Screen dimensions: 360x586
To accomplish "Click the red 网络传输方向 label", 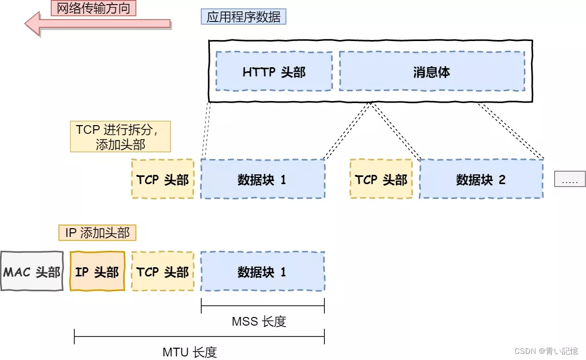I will pos(93,8).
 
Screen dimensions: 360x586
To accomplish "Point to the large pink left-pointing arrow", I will pos(97,24).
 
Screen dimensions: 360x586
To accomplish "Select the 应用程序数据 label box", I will pos(243,17).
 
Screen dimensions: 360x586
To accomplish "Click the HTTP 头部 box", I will pos(274,72).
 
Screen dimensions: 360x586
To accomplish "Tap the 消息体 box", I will pos(432,72).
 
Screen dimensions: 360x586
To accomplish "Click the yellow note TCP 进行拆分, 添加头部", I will pos(120,137).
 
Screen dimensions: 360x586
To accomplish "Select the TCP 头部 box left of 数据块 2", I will pos(381,179).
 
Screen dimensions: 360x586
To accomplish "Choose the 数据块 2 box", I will pos(481,179).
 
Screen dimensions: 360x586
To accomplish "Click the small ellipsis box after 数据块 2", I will pos(570,179).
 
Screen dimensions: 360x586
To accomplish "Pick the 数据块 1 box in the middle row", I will pos(262,179).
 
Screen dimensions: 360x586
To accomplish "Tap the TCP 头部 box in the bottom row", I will pos(163,272).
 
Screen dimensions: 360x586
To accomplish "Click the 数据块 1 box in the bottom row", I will pos(262,272).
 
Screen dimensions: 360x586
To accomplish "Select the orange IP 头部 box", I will pos(97,272).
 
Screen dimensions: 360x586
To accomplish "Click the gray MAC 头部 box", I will pos(32,272).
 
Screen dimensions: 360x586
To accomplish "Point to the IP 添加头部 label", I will pos(97,233).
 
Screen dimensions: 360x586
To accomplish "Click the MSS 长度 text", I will pos(259,322).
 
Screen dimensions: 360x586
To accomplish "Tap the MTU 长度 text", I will pos(190,352).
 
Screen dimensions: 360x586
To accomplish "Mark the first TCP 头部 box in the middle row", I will pos(163,179).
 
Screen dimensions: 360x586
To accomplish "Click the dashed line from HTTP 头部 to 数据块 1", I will pos(207,128).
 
